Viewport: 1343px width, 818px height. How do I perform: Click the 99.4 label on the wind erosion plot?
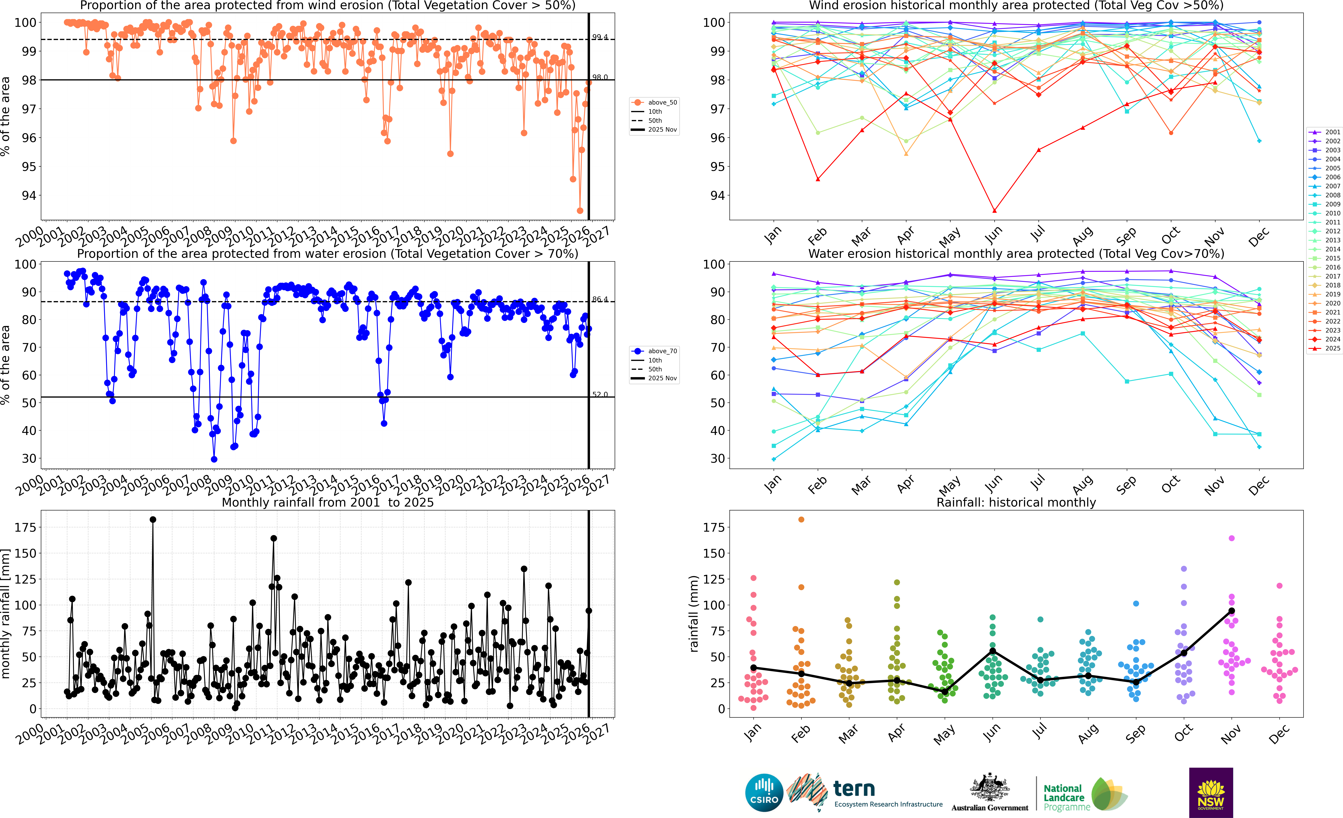[600, 37]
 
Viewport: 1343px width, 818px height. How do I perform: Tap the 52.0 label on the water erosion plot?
[600, 394]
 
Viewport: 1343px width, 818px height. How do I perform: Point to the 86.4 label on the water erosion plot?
[600, 299]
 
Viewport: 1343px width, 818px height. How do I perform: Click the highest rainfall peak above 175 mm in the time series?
[153, 520]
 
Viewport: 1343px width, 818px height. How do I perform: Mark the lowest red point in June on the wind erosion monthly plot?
[994, 210]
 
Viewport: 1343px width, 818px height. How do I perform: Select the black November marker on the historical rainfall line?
[1231, 611]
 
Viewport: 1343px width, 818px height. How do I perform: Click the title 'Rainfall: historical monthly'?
[1016, 502]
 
